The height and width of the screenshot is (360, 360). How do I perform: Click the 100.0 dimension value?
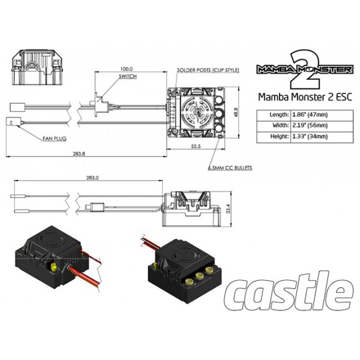pos(127,69)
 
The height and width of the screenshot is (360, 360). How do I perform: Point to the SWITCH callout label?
pos(128,76)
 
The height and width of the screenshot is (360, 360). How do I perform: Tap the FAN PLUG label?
pos(55,139)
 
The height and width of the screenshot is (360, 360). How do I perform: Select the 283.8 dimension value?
pos(79,154)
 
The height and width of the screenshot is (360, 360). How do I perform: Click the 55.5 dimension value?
pos(196,146)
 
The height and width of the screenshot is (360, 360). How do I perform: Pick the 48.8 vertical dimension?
pos(236,113)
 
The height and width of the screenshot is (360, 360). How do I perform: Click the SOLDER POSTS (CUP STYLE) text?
pos(208,70)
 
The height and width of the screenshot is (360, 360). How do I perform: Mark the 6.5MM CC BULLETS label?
pos(230,168)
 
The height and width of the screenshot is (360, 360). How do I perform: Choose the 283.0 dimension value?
pos(92,178)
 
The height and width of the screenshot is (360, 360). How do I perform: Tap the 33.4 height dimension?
pos(228,209)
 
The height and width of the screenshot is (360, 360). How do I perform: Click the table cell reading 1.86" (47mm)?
pos(310,115)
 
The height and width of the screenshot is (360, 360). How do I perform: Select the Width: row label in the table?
pos(281,125)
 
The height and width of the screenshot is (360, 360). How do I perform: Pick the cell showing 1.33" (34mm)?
pos(310,136)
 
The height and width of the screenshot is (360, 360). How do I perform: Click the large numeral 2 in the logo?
pos(305,69)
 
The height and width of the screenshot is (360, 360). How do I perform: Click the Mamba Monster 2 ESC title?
pos(305,97)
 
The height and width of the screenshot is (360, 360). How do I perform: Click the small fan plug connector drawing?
pos(14,121)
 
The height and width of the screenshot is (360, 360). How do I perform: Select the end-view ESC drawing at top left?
pos(37,67)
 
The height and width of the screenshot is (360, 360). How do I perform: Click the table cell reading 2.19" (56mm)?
pos(310,125)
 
